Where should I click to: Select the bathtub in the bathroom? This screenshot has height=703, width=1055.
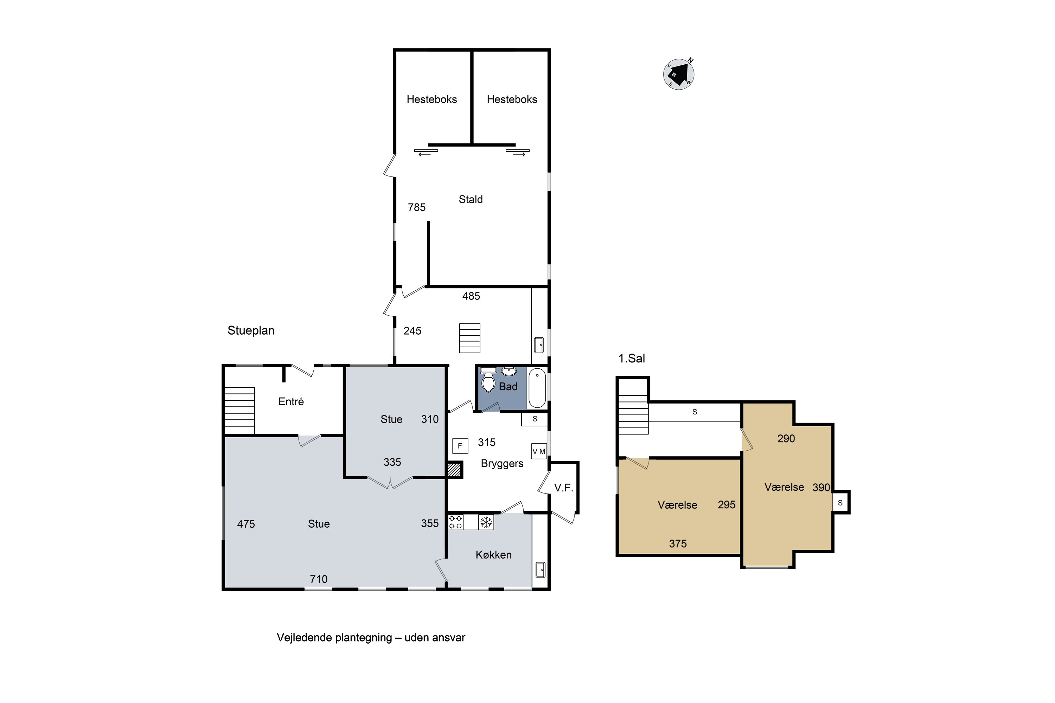(537, 388)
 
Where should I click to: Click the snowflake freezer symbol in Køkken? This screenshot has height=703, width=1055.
(486, 522)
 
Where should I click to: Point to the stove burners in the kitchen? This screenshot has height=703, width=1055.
(456, 522)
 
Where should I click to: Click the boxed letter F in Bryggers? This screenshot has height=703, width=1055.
(460, 446)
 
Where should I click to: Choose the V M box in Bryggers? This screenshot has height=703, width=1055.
(539, 451)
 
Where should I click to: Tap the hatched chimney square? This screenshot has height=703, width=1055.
(454, 469)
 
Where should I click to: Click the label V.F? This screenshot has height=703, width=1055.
(564, 488)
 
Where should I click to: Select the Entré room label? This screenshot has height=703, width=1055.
(291, 401)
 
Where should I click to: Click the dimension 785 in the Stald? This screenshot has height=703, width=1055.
(417, 207)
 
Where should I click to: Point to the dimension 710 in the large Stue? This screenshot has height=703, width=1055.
(319, 579)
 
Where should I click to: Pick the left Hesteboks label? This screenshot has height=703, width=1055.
(431, 99)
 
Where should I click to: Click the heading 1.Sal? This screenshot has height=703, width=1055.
(632, 358)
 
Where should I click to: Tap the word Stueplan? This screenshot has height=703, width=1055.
(251, 330)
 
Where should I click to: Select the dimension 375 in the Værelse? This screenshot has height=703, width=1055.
(678, 543)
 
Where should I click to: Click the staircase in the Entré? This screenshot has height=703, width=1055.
(239, 411)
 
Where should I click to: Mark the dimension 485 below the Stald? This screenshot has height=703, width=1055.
(471, 296)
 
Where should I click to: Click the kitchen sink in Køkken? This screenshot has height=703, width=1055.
(541, 569)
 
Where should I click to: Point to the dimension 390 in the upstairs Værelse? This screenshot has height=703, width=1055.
(821, 487)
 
